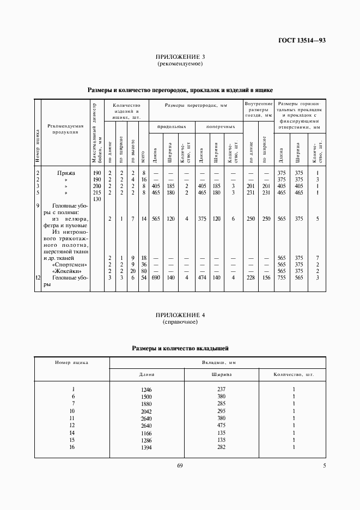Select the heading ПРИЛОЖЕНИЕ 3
coord(180,57)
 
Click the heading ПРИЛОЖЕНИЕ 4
coord(180,315)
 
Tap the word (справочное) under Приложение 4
coord(180,322)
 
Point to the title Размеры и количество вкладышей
coord(180,347)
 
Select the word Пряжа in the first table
coord(66,173)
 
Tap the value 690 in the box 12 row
coord(155,277)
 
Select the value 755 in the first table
coord(282,277)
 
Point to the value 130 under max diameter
coord(97,199)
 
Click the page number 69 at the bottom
coord(180,465)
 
